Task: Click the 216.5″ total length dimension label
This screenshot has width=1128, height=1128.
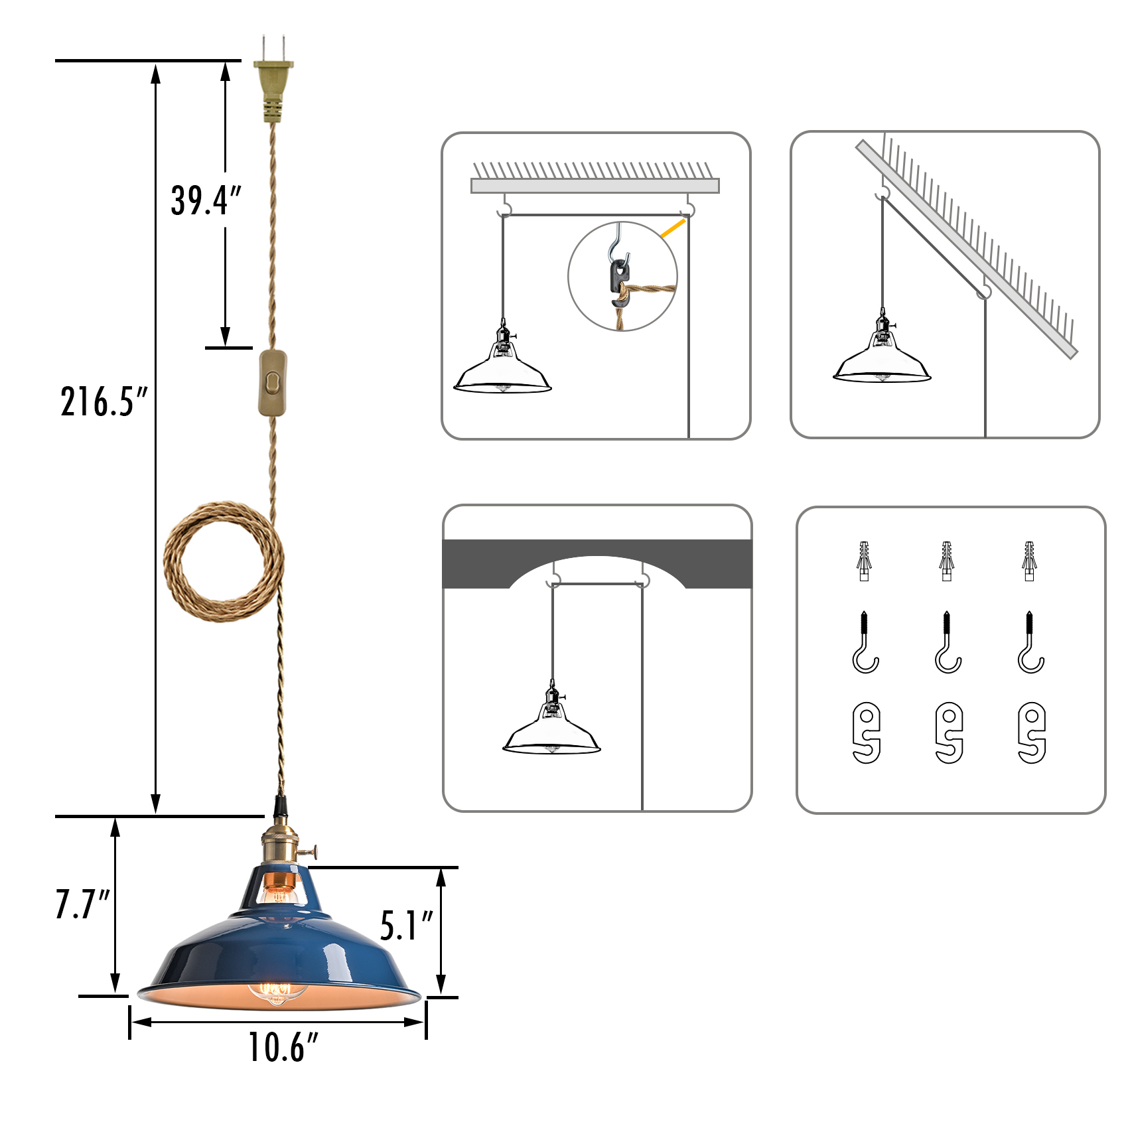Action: [104, 401]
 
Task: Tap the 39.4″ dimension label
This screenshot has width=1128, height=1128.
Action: [206, 200]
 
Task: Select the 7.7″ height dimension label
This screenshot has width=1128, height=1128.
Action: [82, 904]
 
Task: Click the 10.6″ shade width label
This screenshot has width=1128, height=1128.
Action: [283, 1047]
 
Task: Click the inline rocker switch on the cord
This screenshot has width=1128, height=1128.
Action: [273, 383]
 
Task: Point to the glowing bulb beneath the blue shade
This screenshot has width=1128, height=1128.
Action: [277, 993]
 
